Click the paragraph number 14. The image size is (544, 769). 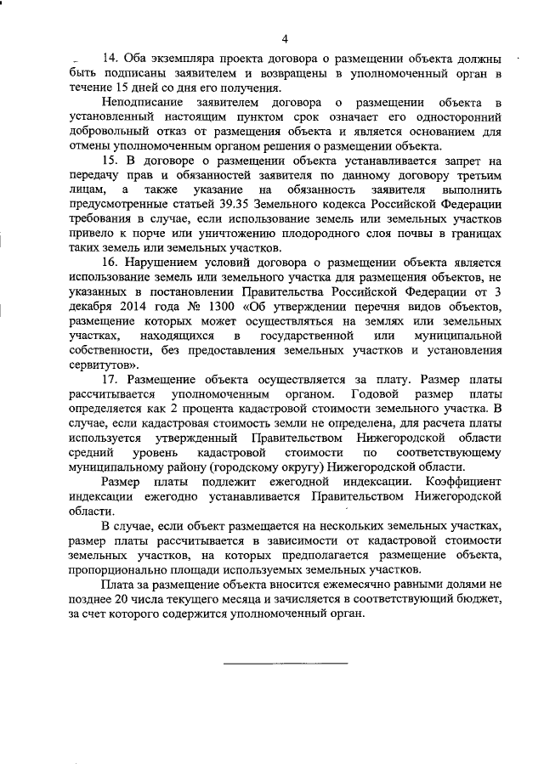[109, 59]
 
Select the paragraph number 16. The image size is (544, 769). [109, 263]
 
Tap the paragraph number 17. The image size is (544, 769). [109, 378]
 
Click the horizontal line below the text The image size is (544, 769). [286, 662]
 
